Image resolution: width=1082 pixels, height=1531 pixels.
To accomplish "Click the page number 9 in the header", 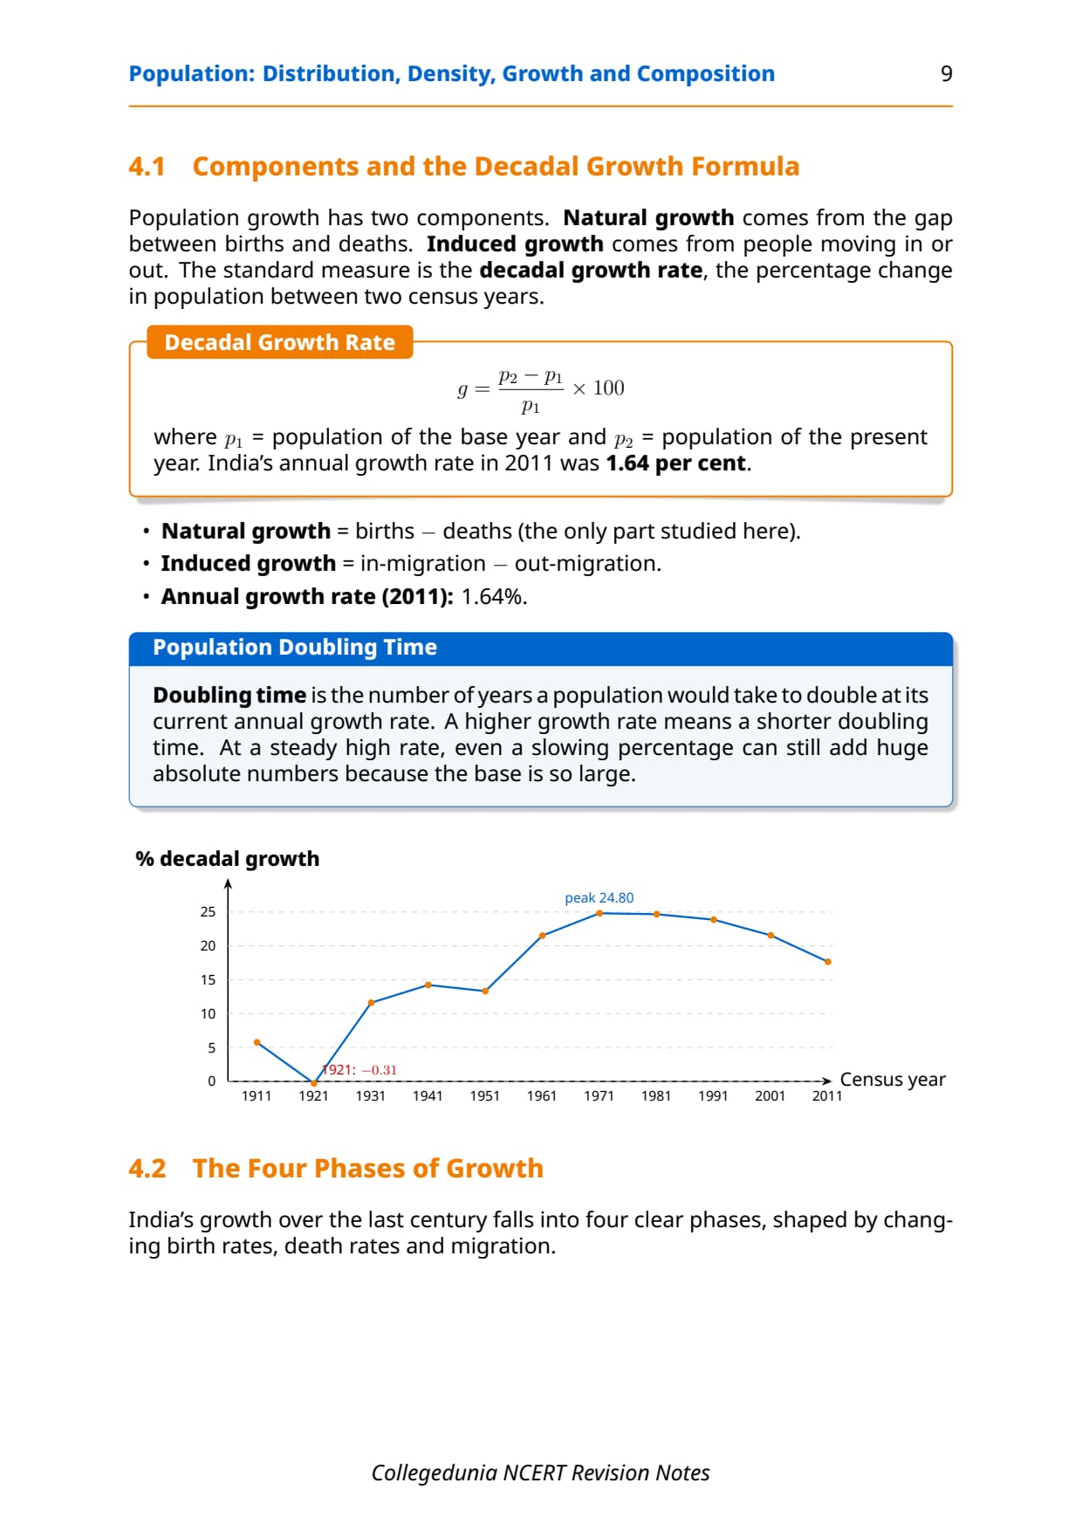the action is (x=946, y=73).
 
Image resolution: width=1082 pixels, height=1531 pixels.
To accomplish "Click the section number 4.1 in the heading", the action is (x=147, y=166).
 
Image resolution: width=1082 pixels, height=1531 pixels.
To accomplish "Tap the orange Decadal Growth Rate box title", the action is (x=279, y=342).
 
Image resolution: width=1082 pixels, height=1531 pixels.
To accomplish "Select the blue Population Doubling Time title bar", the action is (x=541, y=649).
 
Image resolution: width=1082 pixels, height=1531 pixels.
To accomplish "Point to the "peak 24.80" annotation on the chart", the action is (x=599, y=897).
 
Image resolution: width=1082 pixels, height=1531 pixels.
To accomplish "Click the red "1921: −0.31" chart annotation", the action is (x=360, y=1069).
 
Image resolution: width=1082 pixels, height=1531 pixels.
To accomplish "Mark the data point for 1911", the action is (x=257, y=1042).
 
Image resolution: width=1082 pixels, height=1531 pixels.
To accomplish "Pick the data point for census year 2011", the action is (x=827, y=962).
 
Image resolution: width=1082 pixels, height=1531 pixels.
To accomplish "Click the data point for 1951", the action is (x=485, y=991).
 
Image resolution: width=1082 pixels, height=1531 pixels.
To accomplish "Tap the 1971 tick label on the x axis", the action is (x=599, y=1096).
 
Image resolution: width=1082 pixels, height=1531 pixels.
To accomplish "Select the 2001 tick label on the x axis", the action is (x=770, y=1096).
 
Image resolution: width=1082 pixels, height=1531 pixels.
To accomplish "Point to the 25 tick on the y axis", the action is (x=208, y=911).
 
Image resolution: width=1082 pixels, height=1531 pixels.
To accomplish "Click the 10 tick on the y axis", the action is (x=208, y=1013).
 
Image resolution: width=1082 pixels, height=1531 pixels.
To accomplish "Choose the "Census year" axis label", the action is (x=893, y=1080).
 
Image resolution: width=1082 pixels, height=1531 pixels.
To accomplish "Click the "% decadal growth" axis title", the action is (x=227, y=859).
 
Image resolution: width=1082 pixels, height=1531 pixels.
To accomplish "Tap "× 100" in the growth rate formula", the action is (x=599, y=388).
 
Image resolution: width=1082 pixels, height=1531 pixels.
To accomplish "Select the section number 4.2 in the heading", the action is (x=147, y=1168).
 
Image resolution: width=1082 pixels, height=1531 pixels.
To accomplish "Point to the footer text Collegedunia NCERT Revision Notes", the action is (x=540, y=1473).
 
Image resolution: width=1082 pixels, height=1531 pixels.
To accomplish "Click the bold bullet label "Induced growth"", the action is (x=249, y=564).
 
